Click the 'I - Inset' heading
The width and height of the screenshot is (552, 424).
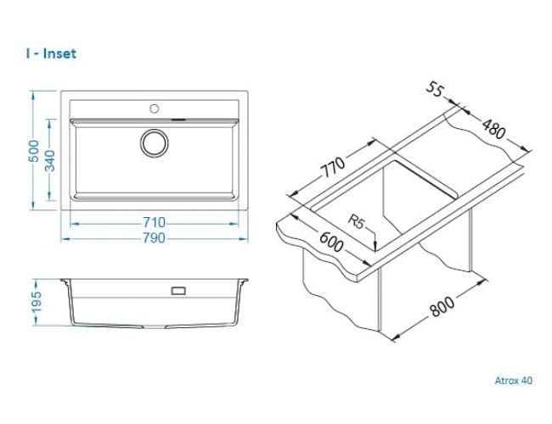point(51,53)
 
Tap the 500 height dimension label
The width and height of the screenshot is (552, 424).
point(34,151)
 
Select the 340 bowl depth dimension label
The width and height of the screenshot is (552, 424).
point(49,160)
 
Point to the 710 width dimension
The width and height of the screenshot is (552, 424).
point(154,222)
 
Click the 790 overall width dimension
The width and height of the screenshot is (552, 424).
point(154,238)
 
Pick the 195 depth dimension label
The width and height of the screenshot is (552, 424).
point(37,301)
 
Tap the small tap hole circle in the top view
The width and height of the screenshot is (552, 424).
point(155,109)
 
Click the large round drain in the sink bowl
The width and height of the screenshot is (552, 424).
point(155,143)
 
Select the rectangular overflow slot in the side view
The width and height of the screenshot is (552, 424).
point(178,291)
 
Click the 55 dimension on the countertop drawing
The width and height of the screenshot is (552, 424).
point(435,90)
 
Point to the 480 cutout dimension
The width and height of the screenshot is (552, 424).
point(494,129)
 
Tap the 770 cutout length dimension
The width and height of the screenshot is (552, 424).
point(332,167)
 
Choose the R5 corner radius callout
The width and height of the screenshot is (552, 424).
point(356,222)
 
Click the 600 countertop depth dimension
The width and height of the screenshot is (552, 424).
point(331,243)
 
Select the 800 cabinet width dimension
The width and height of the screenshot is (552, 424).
point(442,306)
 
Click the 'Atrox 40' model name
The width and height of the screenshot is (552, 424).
point(514,381)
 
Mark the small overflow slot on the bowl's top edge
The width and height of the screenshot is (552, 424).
point(178,120)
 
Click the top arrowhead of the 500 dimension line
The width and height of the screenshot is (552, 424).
point(33,95)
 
